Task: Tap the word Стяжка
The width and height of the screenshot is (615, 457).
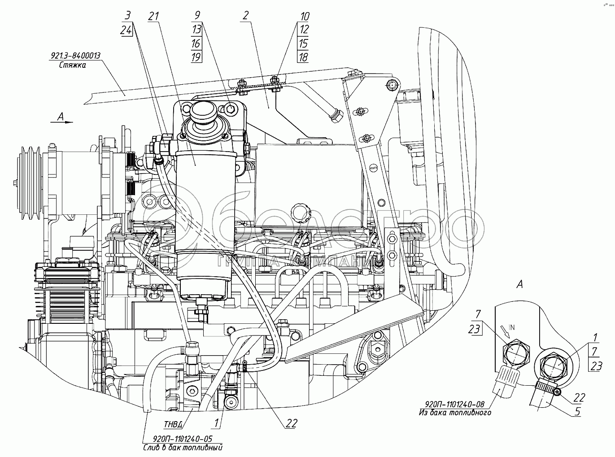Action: click(72, 65)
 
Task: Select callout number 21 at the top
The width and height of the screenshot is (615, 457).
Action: click(154, 16)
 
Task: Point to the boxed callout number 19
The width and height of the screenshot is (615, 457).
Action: click(196, 57)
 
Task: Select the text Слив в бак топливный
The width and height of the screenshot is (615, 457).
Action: click(183, 448)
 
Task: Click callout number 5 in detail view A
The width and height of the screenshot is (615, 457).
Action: click(578, 411)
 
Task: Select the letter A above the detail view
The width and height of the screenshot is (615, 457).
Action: click(520, 284)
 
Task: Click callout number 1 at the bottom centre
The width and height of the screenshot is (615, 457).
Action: click(217, 422)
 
